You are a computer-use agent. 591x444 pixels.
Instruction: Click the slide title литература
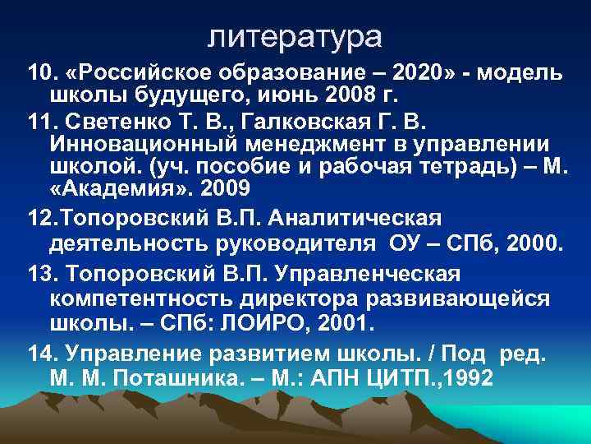pos(295,37)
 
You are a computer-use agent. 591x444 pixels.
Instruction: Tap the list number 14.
pos(42,355)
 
